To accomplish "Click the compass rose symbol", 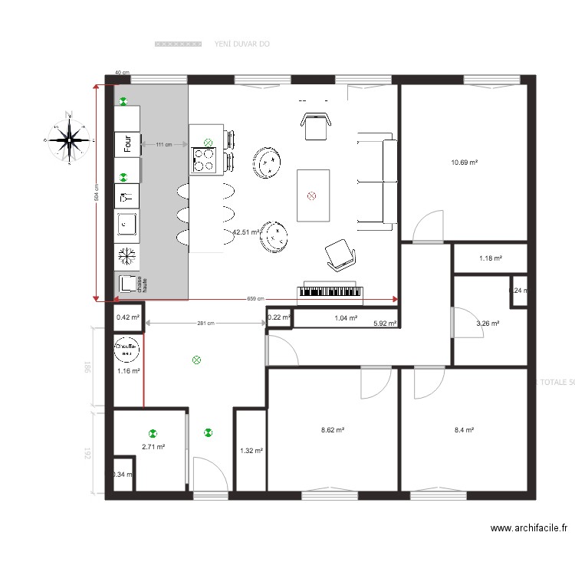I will (x=69, y=140).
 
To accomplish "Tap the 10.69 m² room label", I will (x=465, y=163).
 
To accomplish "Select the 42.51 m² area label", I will (x=245, y=232).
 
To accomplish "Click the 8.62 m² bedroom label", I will (x=332, y=430).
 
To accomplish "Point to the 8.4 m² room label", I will (x=464, y=430).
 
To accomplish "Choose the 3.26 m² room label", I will (x=488, y=324).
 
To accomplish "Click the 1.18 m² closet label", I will (x=491, y=258).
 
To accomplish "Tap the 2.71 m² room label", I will (x=153, y=446).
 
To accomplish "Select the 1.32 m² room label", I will (x=251, y=451).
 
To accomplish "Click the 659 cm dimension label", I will (x=255, y=299).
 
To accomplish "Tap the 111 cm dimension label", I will (x=163, y=144).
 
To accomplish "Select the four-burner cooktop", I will (x=203, y=159).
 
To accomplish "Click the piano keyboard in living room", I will (x=329, y=291).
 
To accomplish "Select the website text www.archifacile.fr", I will (x=530, y=527).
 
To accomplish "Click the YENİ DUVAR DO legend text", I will (x=242, y=44).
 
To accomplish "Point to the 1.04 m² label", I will (x=346, y=317).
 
